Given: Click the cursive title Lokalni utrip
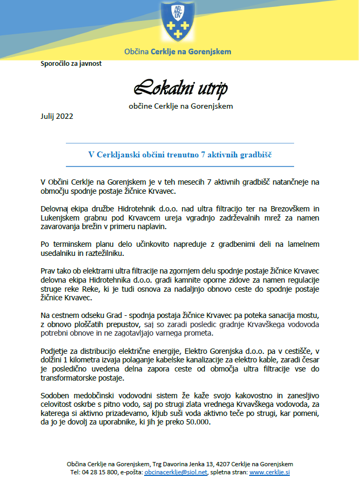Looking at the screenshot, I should coord(181,87).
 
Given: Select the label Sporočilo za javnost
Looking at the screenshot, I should coord(71,63).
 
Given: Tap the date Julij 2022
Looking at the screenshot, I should coord(57,116).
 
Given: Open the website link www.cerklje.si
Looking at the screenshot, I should coord(269,473).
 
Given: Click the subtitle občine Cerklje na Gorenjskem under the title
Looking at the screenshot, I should coord(181,106).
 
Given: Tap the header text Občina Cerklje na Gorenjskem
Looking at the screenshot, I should coord(177,52).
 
